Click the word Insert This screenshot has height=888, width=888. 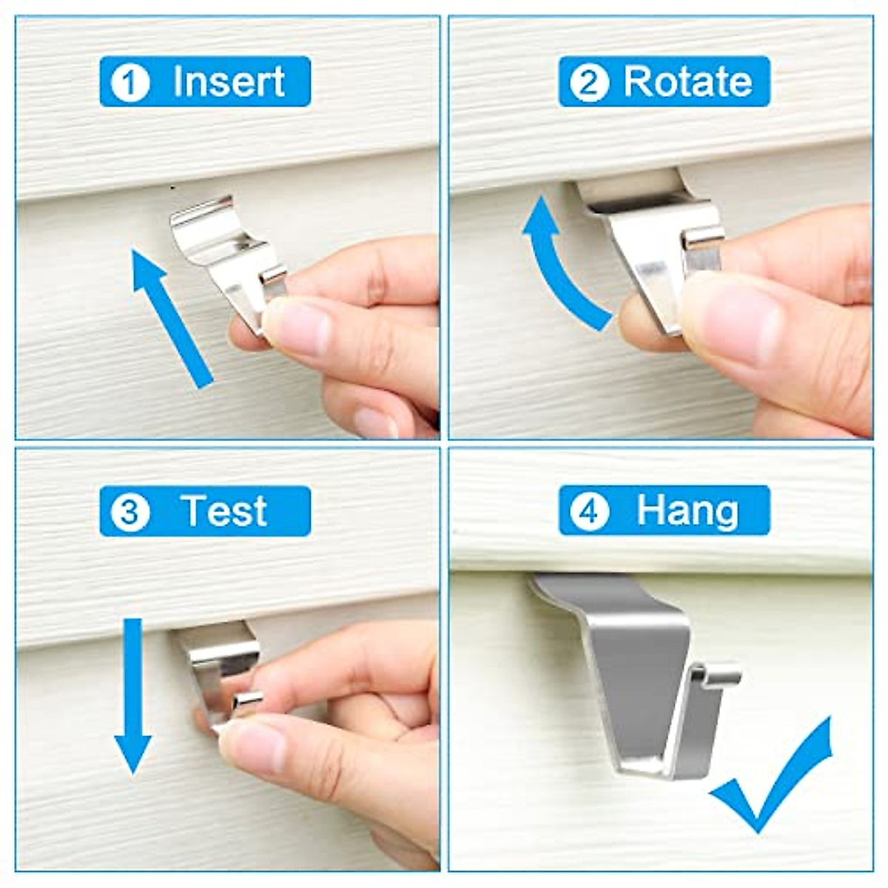(228, 81)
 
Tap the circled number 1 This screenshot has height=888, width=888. (130, 82)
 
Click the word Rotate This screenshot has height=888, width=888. (687, 81)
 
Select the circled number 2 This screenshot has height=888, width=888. (589, 82)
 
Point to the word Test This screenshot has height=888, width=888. (223, 511)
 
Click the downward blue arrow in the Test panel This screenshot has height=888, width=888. (132, 696)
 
